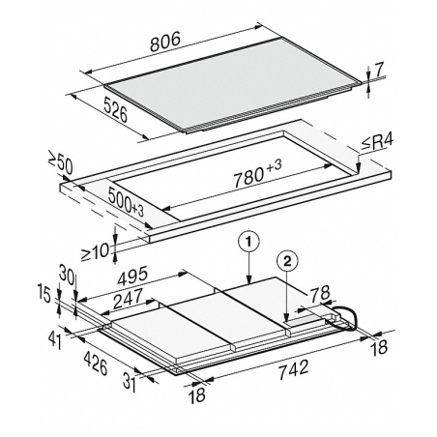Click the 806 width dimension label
tap(165, 43)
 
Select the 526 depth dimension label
tap(115, 109)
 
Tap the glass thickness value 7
tap(380, 70)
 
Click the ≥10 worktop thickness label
tap(95, 251)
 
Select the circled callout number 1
tap(248, 241)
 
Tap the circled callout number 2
tap(287, 261)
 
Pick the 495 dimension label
tap(132, 276)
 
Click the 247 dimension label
tap(128, 298)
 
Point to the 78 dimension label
tap(320, 293)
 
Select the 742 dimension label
tap(293, 369)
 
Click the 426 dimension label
tap(96, 363)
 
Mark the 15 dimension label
tap(44, 293)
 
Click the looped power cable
tap(345, 317)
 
